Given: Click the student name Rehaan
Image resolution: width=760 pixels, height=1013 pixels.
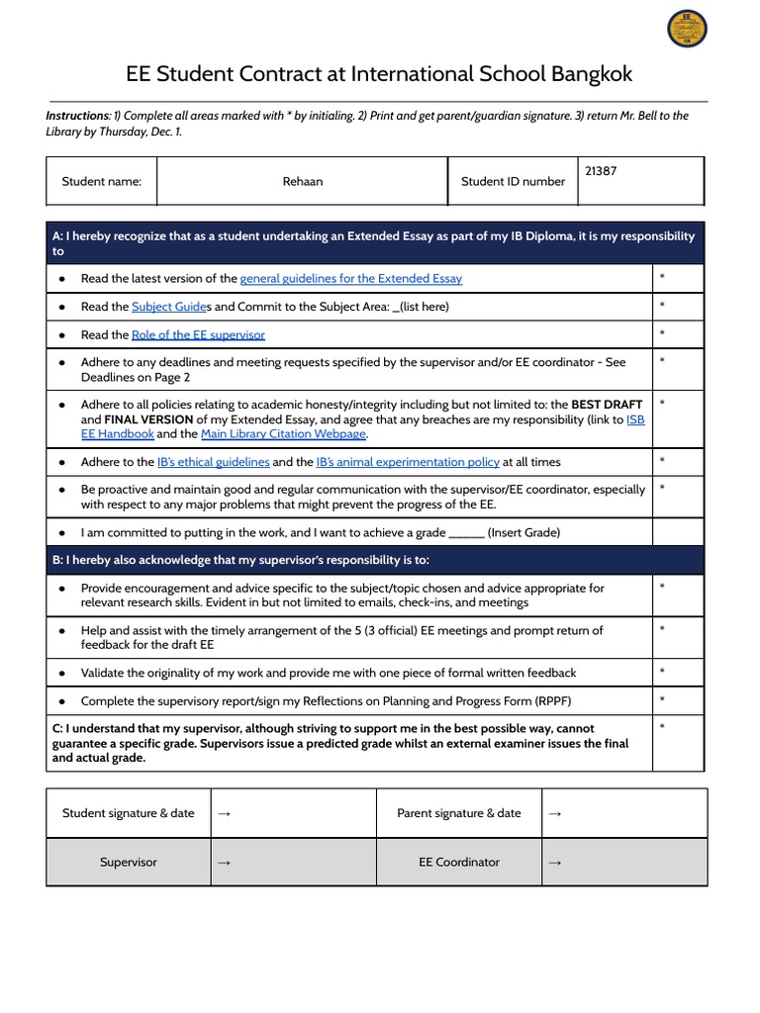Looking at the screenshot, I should [302, 181].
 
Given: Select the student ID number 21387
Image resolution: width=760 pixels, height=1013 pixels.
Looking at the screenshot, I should [601, 171].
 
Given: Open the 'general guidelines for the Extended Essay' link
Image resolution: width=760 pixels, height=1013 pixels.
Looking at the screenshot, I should [350, 279].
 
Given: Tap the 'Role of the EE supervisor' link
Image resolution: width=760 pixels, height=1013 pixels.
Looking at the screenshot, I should [198, 335].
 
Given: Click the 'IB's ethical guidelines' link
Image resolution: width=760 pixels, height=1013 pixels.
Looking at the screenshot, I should [213, 462].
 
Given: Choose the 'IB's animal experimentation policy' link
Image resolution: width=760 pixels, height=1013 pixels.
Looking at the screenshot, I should [407, 462].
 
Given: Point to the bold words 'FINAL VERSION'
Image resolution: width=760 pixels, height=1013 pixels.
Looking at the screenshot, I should [148, 419].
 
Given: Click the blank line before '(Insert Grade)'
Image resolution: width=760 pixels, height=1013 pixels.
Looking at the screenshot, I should [466, 533].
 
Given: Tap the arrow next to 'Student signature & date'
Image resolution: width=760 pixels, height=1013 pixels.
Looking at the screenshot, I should [224, 813].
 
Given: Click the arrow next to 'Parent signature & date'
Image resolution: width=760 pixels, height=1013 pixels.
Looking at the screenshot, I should [554, 813].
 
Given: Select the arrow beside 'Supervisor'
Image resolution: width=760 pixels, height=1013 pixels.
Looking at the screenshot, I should [224, 863].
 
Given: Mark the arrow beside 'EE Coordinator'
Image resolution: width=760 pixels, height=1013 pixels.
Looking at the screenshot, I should [554, 863].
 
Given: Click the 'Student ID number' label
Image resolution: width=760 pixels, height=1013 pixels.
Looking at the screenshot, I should [513, 181].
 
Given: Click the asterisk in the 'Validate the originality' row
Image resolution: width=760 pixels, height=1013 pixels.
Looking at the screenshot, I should [662, 672].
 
